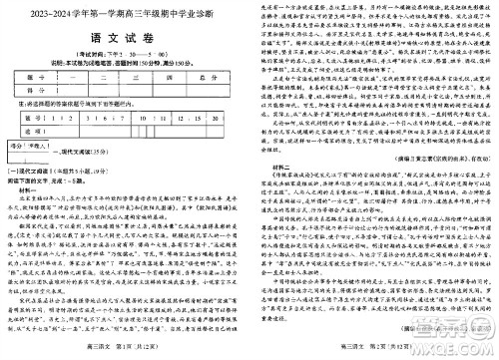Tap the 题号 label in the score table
pos(35,75)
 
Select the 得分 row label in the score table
pos(35,89)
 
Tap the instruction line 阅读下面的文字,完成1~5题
pos(55,183)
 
